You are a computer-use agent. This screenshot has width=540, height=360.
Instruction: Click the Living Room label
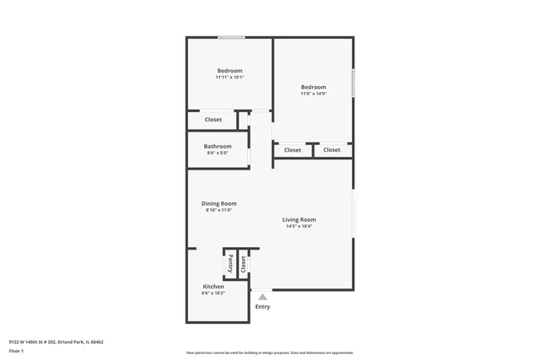click(x=300, y=219)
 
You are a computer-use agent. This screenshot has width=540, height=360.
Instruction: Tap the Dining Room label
click(x=219, y=203)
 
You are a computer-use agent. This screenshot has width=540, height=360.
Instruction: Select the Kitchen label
click(x=213, y=287)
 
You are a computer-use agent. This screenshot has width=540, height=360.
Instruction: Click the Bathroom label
click(x=217, y=146)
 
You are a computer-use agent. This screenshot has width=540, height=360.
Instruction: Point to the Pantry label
click(x=229, y=264)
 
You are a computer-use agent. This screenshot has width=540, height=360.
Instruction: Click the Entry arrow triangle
click(x=262, y=297)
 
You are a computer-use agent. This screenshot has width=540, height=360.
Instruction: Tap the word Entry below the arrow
click(x=262, y=307)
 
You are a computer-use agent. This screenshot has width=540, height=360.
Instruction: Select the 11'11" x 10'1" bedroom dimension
click(x=229, y=78)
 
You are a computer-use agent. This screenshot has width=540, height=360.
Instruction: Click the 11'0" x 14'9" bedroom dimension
click(x=313, y=94)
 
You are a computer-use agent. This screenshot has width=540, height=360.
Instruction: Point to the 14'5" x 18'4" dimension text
click(x=300, y=226)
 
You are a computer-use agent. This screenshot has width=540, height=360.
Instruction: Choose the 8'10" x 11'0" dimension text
click(x=219, y=210)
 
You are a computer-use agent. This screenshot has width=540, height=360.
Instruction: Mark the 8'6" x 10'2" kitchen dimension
click(x=213, y=293)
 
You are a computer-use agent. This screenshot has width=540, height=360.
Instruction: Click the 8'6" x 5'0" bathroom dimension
click(x=217, y=153)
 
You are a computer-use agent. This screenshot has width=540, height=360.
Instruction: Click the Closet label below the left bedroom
click(x=213, y=120)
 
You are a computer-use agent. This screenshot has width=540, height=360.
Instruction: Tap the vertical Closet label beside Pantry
click(x=242, y=264)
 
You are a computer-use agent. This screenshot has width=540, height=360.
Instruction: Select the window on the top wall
click(x=231, y=37)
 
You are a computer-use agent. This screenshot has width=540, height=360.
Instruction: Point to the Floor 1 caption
click(x=16, y=350)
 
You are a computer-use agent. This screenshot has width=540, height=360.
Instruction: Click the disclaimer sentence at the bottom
click(x=269, y=353)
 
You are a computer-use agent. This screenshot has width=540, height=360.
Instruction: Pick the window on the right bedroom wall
click(x=353, y=84)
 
